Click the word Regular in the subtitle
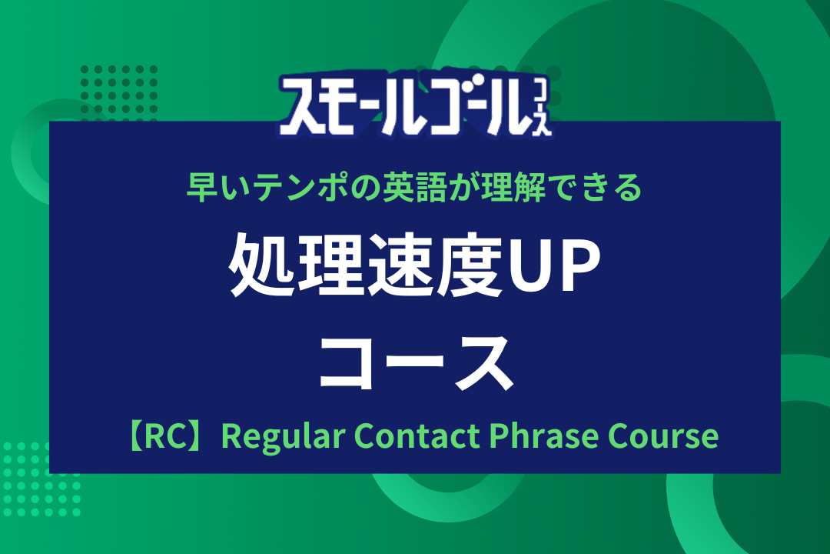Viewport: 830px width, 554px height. pyautogui.click(x=283, y=436)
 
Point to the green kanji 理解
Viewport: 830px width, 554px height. pyautogui.click(x=513, y=187)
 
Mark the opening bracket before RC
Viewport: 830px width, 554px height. pyautogui.click(x=135, y=437)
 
